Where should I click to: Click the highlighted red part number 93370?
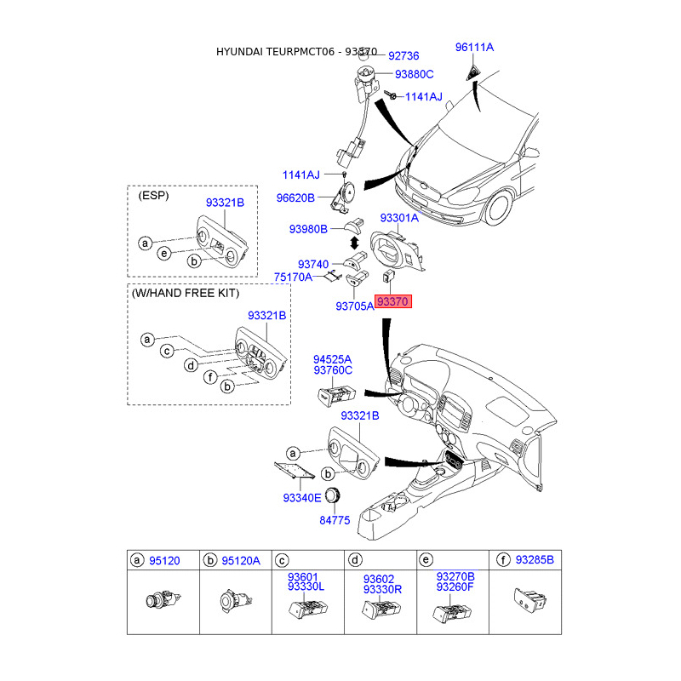(392, 301)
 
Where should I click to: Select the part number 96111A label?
(474, 48)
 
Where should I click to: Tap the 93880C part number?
(414, 74)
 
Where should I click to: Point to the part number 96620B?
(295, 198)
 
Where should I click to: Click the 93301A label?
(399, 218)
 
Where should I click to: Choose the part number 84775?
(335, 520)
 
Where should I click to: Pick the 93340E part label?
(302, 498)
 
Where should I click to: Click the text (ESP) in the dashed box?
(153, 196)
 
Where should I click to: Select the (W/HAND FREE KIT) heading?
(186, 293)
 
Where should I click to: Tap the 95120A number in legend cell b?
(241, 561)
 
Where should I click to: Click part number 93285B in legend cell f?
(535, 560)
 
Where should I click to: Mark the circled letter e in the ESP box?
(163, 253)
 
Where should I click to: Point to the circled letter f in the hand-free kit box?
(210, 377)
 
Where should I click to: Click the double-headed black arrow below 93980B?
(354, 243)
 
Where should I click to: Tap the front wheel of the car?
(500, 208)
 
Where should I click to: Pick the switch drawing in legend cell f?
(530, 600)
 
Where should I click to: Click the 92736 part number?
(403, 56)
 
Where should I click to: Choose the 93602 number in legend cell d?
(379, 579)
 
